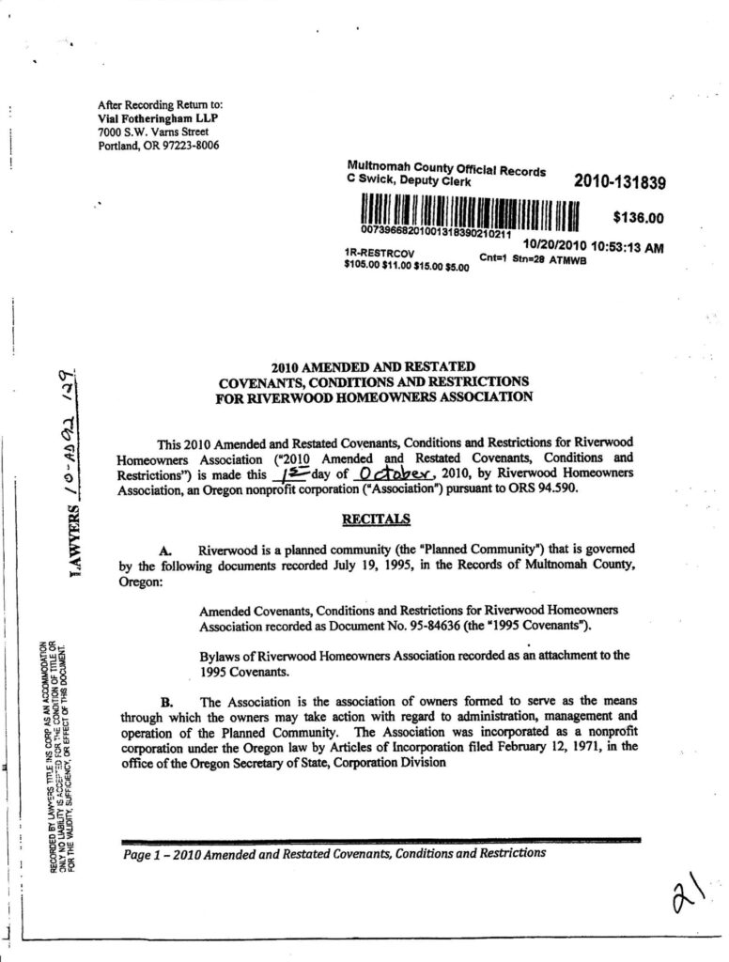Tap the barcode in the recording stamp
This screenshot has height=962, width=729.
pyautogui.click(x=466, y=210)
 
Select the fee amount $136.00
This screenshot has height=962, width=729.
pyautogui.click(x=638, y=218)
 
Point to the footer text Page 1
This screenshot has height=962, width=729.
pyautogui.click(x=147, y=853)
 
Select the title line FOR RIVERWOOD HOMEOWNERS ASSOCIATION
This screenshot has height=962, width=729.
pyautogui.click(x=374, y=396)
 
